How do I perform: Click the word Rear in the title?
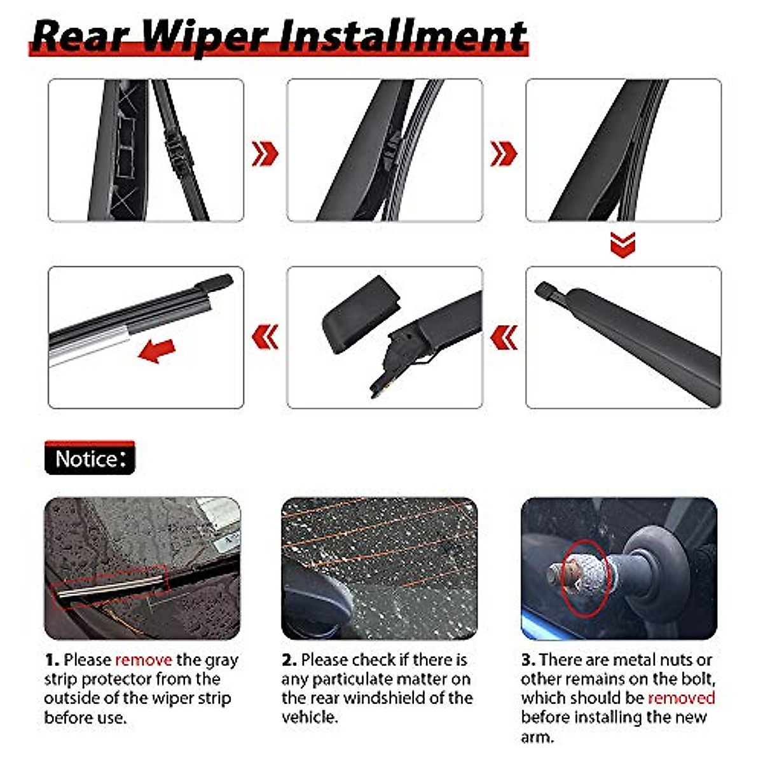(81, 36)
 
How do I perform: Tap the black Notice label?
(90, 458)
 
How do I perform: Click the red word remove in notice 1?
(144, 660)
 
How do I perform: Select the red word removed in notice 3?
(681, 698)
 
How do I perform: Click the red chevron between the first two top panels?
(265, 153)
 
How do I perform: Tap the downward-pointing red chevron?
(622, 244)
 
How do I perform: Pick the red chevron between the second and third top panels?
(504, 153)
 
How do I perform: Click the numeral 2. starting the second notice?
(289, 660)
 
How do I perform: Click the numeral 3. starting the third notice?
(528, 660)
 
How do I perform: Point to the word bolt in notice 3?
(698, 679)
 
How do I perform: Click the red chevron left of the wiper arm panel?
(504, 338)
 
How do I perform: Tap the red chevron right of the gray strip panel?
(265, 338)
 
